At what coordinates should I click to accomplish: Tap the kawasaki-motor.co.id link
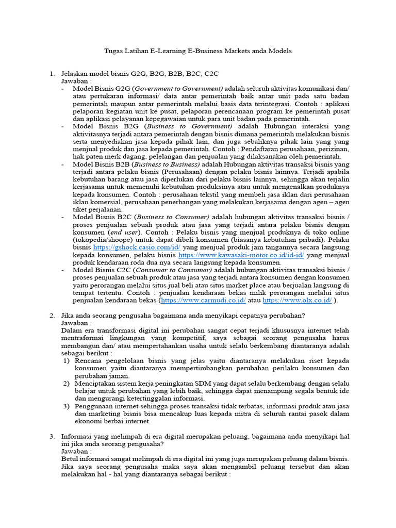tap(241, 255)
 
